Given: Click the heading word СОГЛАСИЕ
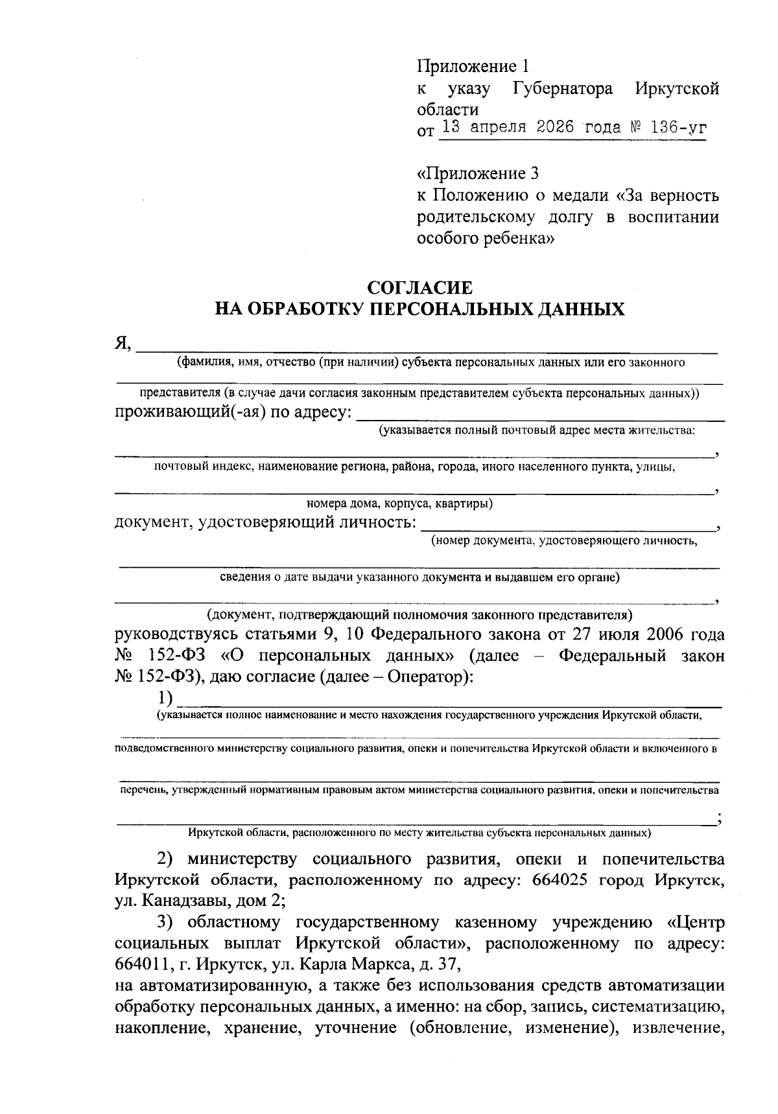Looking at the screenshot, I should (419, 287).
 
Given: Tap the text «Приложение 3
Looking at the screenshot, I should (477, 174).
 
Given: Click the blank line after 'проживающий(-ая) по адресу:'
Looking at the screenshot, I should (541, 415).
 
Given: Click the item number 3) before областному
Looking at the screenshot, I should (168, 922).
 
